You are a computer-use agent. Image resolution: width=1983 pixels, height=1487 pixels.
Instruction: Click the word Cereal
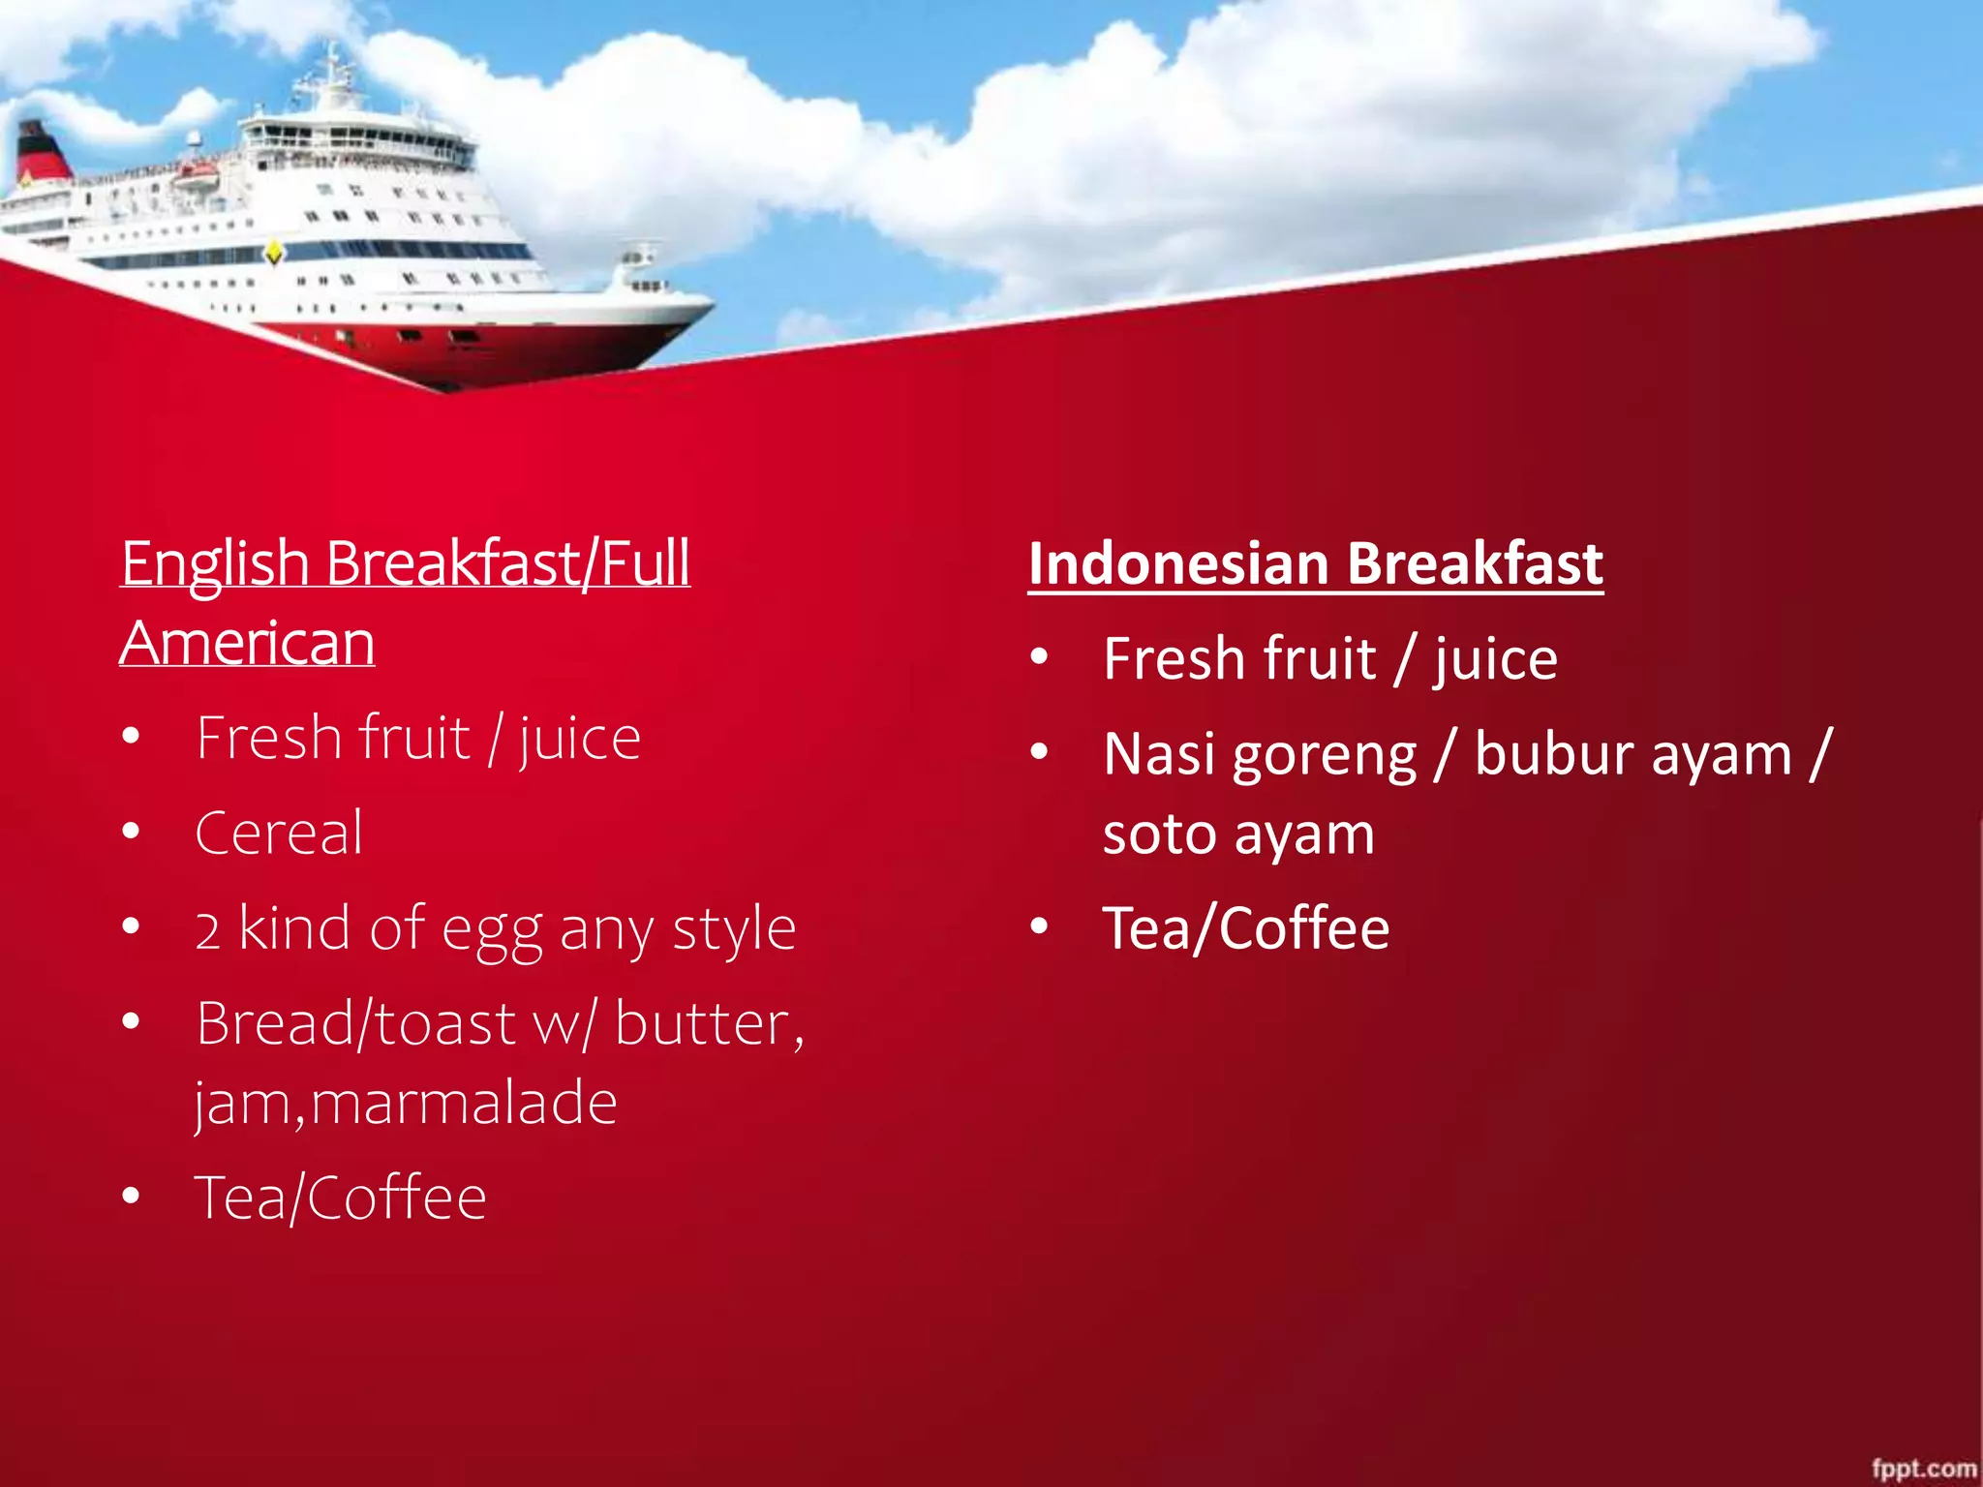click(x=279, y=833)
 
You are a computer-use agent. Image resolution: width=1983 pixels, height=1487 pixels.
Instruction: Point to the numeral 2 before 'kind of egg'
click(x=207, y=930)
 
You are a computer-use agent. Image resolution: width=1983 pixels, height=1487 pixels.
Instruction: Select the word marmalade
click(x=464, y=1103)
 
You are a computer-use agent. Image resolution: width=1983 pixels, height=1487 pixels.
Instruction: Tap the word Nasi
click(x=1158, y=755)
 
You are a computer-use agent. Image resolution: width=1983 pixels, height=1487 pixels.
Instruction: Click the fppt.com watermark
click(x=1923, y=1468)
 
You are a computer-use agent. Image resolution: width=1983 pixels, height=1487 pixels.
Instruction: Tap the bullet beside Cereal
click(x=132, y=832)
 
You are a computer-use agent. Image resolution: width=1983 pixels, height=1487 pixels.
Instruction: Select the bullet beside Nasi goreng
click(x=1039, y=751)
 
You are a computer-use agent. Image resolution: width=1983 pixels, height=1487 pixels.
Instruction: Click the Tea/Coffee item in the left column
click(x=341, y=1199)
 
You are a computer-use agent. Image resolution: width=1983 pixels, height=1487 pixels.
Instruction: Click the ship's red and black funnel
click(x=41, y=153)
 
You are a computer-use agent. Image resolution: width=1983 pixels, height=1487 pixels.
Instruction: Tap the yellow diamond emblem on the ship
click(x=274, y=254)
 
